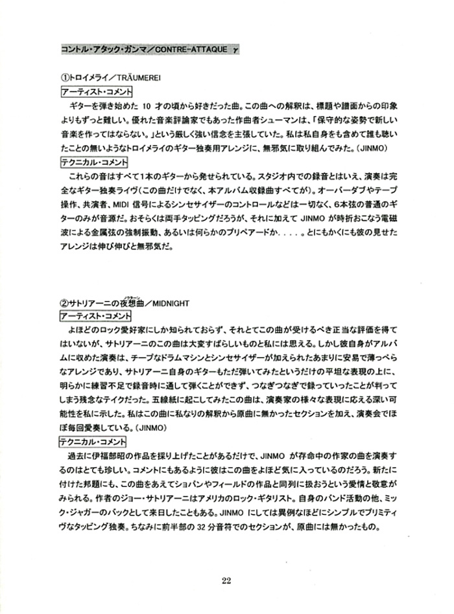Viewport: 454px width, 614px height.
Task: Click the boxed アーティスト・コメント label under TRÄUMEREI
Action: (96, 92)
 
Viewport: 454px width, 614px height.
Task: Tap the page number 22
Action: (226, 580)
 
